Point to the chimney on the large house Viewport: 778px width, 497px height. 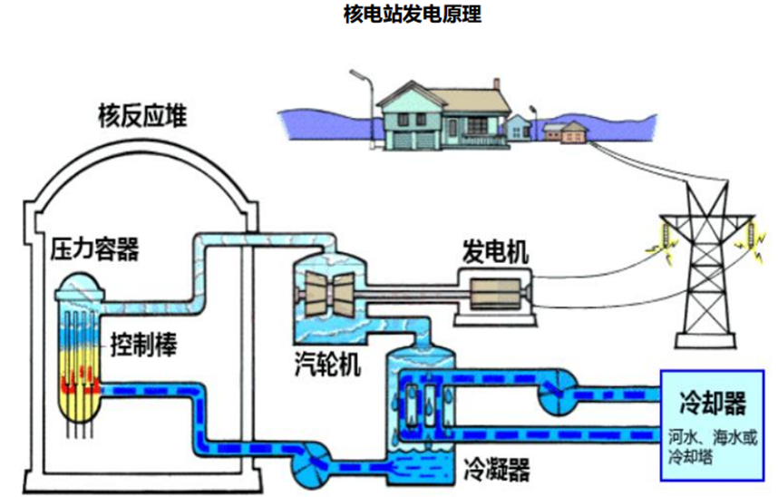click(x=495, y=86)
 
